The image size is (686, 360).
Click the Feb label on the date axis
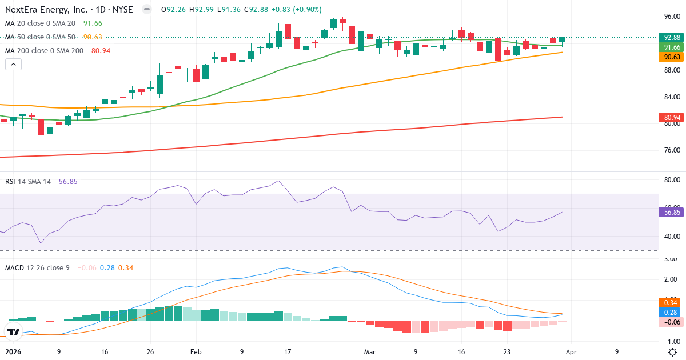tap(196, 352)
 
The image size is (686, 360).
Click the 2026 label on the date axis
tap(13, 352)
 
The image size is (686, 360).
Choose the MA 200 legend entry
tap(44, 51)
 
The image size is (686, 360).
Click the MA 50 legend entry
tap(40, 37)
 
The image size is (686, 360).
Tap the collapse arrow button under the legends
tap(13, 65)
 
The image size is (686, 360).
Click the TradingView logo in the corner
tap(13, 331)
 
